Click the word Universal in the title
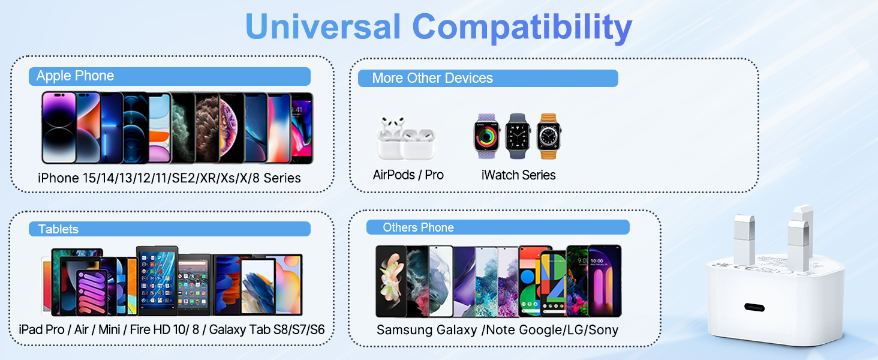(323, 26)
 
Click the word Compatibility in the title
(522, 28)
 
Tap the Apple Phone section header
(169, 76)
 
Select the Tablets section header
(169, 229)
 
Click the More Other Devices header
(488, 78)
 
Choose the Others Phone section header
(498, 227)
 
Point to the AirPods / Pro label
(408, 175)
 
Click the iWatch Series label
(518, 175)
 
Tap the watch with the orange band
(548, 136)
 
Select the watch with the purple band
(486, 136)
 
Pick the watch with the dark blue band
(518, 136)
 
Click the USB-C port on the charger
(754, 307)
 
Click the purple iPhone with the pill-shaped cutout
(59, 128)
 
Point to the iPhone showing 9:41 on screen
(301, 128)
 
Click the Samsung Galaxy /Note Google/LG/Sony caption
(497, 330)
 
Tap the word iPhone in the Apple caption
(58, 178)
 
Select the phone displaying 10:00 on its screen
(605, 281)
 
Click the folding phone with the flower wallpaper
(390, 281)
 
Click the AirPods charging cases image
(407, 138)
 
